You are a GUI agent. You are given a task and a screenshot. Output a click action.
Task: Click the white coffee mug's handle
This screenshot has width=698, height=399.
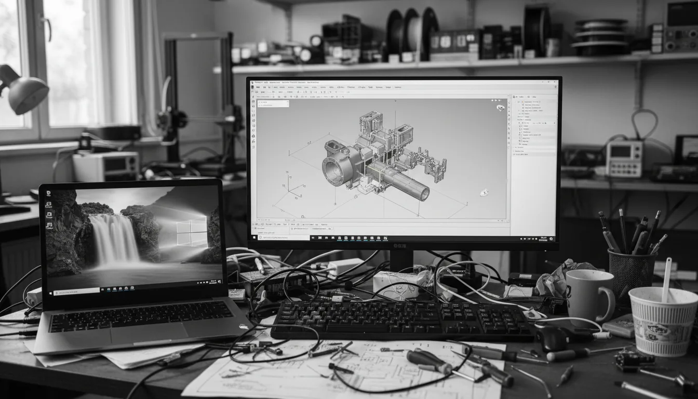pyautogui.click(x=607, y=304)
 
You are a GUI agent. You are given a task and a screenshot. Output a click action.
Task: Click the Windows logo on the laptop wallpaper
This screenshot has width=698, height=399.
pyautogui.click(x=192, y=232)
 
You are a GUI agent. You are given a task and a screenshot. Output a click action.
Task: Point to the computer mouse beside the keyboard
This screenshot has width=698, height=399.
pyautogui.click(x=552, y=339)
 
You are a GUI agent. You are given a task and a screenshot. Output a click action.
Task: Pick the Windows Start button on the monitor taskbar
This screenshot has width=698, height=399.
pyautogui.click(x=253, y=237)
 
